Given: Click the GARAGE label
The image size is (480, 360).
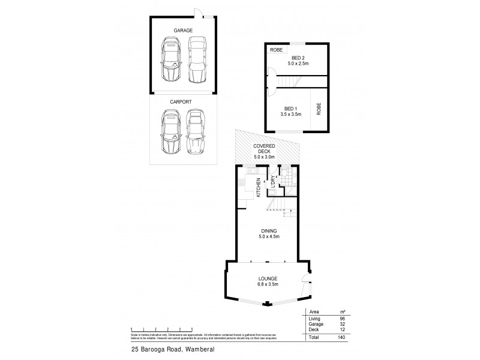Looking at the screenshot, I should (x=182, y=29).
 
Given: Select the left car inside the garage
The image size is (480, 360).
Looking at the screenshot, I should (x=170, y=60).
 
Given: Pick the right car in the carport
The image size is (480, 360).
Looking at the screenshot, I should (x=195, y=132).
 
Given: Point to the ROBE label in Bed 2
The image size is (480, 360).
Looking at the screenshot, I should (x=276, y=49).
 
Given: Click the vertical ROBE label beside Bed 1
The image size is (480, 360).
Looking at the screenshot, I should (x=319, y=108).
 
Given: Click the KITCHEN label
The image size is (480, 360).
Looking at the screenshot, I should (x=259, y=187).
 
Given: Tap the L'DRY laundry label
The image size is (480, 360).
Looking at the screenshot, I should (x=272, y=182).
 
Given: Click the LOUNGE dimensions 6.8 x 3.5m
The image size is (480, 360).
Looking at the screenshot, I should (x=268, y=284).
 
